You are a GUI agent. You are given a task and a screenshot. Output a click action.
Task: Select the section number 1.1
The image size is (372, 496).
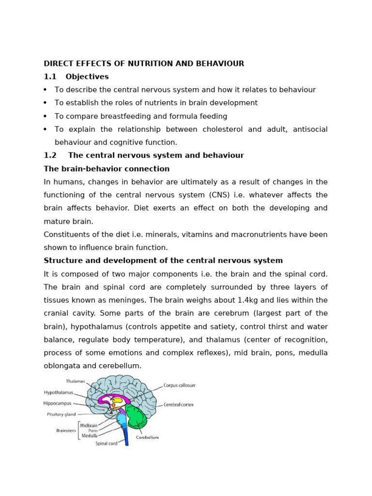[x=50, y=77]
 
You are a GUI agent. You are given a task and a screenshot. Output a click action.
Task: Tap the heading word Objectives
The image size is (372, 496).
[x=87, y=77]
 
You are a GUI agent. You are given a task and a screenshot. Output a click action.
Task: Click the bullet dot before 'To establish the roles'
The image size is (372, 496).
[x=46, y=103]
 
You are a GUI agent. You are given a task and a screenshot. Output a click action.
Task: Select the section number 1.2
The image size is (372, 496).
[x=50, y=155]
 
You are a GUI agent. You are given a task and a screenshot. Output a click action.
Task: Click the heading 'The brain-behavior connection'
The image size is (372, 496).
[x=107, y=169]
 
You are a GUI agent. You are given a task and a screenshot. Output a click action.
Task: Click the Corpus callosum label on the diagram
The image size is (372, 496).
[x=179, y=386]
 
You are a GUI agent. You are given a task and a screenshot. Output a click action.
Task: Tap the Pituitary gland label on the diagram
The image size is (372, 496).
[x=61, y=415]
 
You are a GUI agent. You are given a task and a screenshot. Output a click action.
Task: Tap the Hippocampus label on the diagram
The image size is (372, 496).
[x=58, y=403]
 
